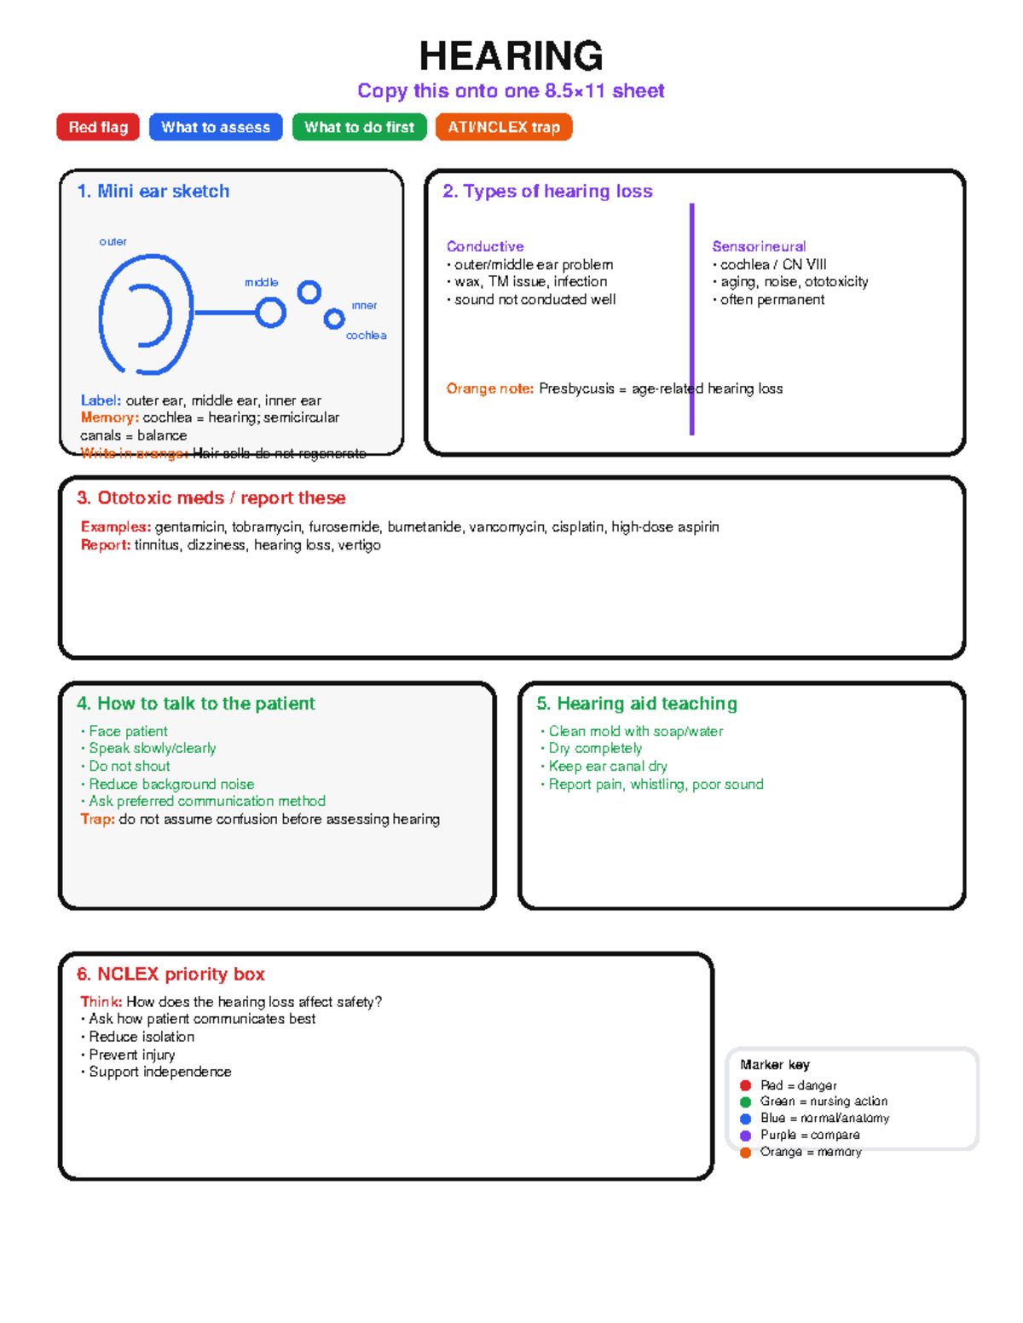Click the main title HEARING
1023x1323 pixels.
[x=511, y=56]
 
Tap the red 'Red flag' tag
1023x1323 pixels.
[x=98, y=127]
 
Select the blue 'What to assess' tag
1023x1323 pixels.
[x=216, y=127]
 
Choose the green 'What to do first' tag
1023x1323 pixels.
[x=359, y=127]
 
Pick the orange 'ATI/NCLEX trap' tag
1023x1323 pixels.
[x=504, y=127]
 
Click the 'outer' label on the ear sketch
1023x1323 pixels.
[x=113, y=242]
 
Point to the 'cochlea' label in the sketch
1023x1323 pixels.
[x=366, y=336]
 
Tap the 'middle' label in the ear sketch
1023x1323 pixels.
[x=261, y=282]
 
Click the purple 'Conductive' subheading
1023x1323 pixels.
[x=485, y=246]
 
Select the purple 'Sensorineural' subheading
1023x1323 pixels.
[x=759, y=246]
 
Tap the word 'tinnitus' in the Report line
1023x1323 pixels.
[x=157, y=545]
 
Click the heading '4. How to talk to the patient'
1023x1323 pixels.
[x=195, y=704]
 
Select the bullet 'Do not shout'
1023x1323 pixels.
[x=129, y=766]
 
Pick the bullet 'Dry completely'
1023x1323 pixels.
[x=595, y=748]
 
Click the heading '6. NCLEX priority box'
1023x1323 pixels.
[x=170, y=974]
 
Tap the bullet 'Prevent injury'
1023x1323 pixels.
[x=131, y=1055]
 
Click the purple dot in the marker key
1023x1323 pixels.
[x=745, y=1136]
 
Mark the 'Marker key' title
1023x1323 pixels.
[x=775, y=1065]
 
